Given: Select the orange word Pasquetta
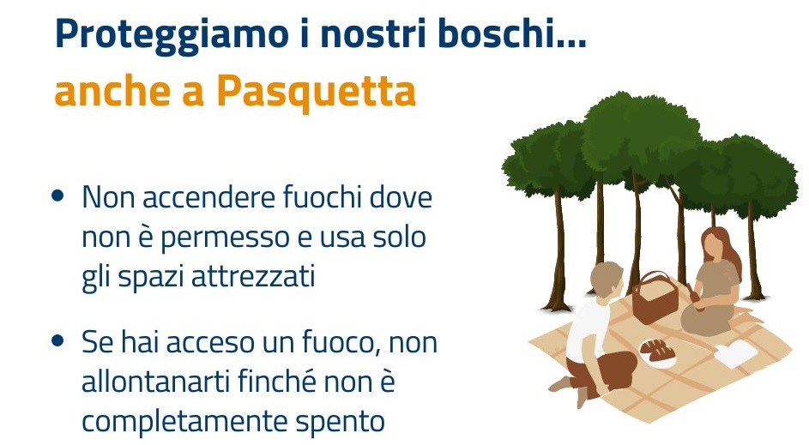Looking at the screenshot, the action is [x=316, y=92].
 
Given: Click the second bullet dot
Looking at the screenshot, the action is [x=57, y=340].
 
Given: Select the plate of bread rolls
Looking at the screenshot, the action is [x=657, y=352].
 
